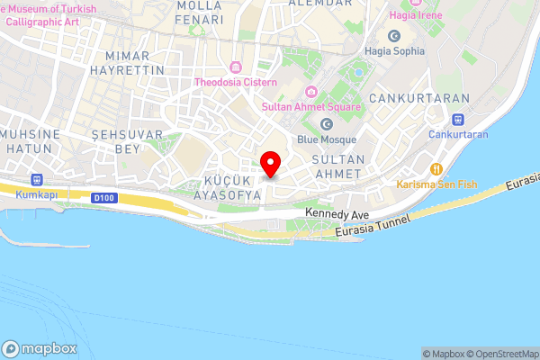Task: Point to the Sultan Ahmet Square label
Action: click(310, 106)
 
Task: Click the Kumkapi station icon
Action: click(37, 179)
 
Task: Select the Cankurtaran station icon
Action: click(458, 118)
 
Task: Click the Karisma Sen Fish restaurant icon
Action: click(436, 169)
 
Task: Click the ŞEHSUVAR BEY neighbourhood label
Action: click(117, 140)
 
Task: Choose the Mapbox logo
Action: click(40, 349)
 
